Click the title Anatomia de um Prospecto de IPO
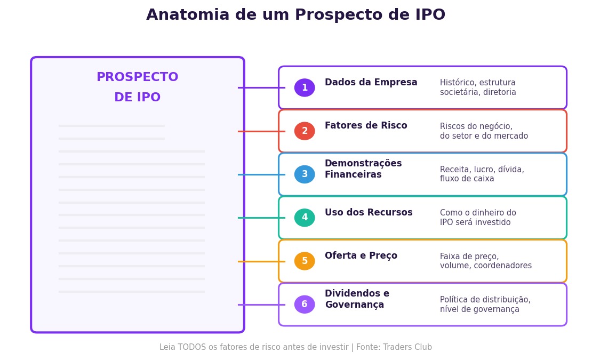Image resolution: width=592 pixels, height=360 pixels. point(295,15)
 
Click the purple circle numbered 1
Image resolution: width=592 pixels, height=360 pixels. point(305,88)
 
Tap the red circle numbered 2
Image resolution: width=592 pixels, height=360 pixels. point(305,131)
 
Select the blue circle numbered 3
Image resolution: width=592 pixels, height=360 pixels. point(305,174)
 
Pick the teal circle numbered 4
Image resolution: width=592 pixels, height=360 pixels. point(305,218)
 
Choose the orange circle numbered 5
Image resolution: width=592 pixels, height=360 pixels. point(305,261)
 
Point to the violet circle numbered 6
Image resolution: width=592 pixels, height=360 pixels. point(305,305)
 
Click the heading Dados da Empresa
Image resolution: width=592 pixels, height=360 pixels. point(371,83)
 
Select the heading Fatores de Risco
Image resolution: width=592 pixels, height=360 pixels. point(366,126)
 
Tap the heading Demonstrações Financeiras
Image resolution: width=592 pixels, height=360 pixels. point(363,169)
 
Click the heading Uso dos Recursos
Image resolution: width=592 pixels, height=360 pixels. point(369,213)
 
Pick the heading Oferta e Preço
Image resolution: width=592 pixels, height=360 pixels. point(361,256)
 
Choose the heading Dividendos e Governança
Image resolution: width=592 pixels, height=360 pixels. point(357,299)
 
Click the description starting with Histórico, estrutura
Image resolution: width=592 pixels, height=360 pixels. point(478,87)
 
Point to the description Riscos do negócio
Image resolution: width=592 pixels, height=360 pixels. point(484,131)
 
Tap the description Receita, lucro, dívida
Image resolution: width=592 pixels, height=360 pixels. point(482,174)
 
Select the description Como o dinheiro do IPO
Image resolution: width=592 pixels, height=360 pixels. point(478,218)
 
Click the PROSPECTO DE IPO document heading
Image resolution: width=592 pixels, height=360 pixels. point(138,87)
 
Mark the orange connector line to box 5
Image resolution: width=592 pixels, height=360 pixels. point(261,261)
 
